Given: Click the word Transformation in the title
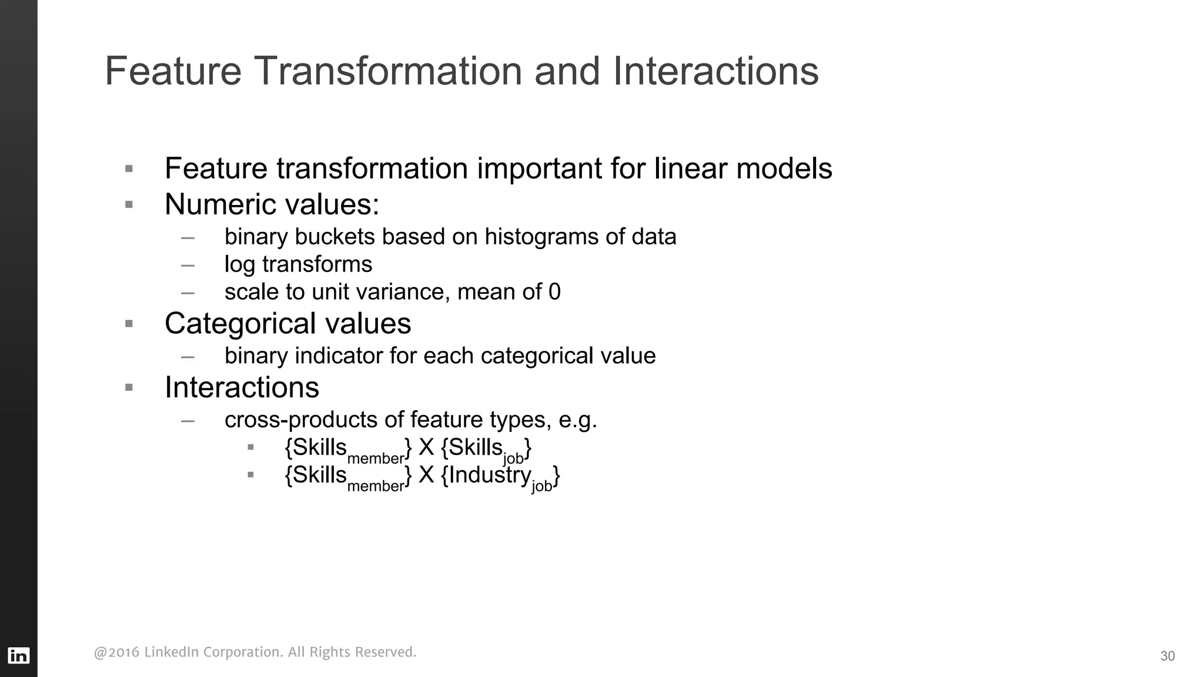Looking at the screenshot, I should (389, 71).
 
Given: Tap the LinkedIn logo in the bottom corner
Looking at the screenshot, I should (19, 655).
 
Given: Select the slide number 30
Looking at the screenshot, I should (1167, 656).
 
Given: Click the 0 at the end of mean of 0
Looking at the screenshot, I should (554, 292).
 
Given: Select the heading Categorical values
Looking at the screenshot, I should (287, 323).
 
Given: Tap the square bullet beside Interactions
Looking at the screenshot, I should (129, 387).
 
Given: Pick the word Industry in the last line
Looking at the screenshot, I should (490, 475).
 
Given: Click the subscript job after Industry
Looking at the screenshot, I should (541, 486).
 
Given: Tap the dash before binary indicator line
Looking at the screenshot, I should (188, 357).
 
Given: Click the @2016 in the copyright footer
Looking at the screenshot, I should (116, 652).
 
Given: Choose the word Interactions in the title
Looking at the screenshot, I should (715, 71).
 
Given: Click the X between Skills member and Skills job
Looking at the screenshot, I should (426, 448).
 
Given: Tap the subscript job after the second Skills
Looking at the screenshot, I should (513, 458).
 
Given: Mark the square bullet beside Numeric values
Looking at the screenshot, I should (129, 205).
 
